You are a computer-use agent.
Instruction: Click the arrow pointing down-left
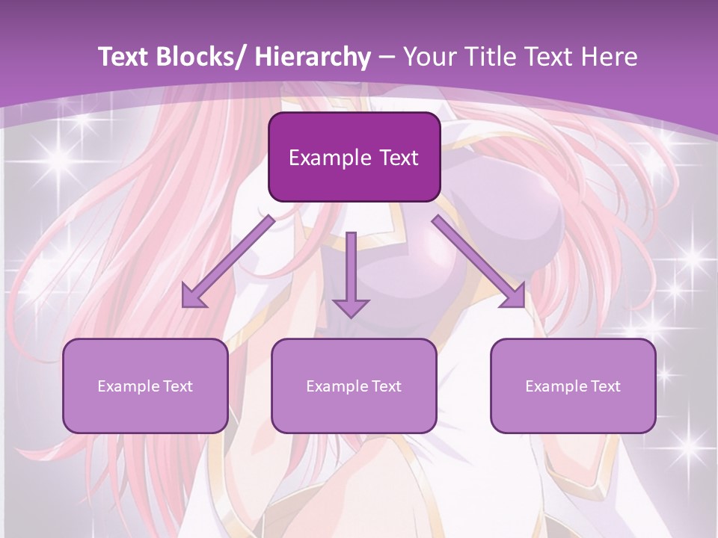[x=228, y=262]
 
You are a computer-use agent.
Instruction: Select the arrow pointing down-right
[x=479, y=262]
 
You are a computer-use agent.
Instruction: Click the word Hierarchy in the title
[x=313, y=57]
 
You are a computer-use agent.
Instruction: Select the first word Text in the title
[x=124, y=57]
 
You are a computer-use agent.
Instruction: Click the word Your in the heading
[x=429, y=57]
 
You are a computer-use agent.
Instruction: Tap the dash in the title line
[x=387, y=57]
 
